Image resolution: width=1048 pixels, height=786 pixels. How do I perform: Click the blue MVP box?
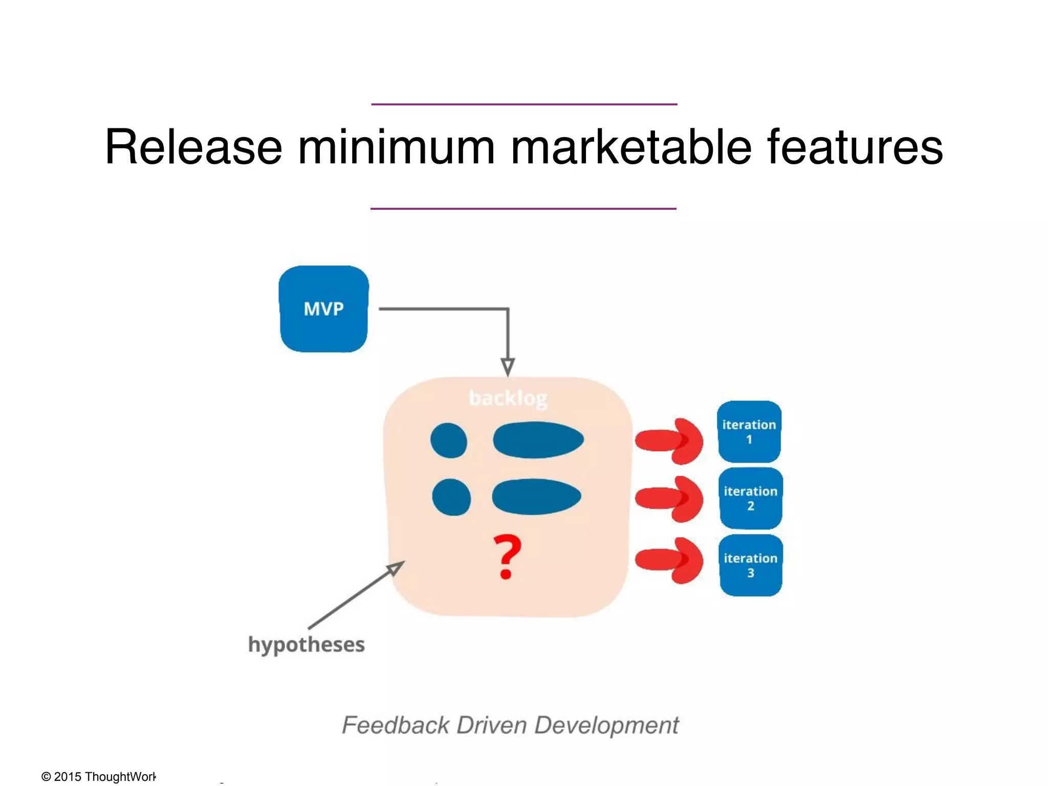pos(323,309)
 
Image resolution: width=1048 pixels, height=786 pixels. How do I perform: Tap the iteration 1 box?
pos(749,432)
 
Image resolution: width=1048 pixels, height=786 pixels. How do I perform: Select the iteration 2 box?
pos(751,498)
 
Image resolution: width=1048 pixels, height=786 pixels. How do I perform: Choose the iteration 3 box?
pos(751,565)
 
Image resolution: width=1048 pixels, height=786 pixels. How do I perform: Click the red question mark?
pos(507,557)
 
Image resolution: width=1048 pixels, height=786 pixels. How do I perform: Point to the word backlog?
pos(508,398)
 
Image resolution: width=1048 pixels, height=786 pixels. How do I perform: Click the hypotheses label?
pos(306,644)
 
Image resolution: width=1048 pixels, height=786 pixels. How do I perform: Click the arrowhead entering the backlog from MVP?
pos(508,367)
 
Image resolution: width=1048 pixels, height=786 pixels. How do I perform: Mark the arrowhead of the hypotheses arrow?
pos(396,567)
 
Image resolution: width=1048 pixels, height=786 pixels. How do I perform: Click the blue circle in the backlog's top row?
pos(449,440)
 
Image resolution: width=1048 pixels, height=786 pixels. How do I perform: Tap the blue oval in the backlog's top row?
pos(538,440)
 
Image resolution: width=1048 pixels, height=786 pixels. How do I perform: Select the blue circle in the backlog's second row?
pos(451,497)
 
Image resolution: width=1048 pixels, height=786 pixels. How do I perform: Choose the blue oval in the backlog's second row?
pos(536,496)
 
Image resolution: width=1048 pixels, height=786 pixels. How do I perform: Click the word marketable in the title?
pos(631,147)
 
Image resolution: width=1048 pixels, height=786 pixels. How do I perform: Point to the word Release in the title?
pos(193,147)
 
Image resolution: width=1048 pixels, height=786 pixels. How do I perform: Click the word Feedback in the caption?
pos(395,725)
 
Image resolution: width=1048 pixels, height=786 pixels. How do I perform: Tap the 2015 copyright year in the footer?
pos(68,776)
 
